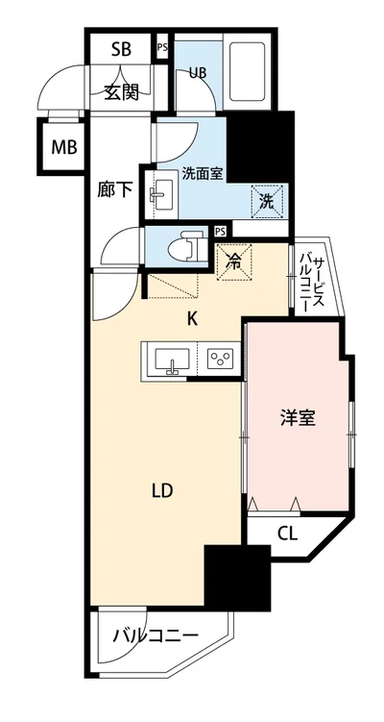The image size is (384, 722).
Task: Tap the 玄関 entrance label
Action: point(121,92)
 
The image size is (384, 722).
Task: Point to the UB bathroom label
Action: point(197,72)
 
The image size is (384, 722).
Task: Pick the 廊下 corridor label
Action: point(114,189)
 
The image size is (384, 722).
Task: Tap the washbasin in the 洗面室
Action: point(158,199)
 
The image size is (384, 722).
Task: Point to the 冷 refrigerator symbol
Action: point(233,259)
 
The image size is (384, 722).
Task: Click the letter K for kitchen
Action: point(192,319)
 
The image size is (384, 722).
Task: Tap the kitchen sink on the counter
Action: point(171,361)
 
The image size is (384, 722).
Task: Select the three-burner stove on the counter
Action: point(221,361)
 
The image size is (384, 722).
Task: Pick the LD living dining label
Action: point(161,491)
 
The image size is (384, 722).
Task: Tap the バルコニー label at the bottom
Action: point(155,635)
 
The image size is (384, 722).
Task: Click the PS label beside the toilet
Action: point(221,231)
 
